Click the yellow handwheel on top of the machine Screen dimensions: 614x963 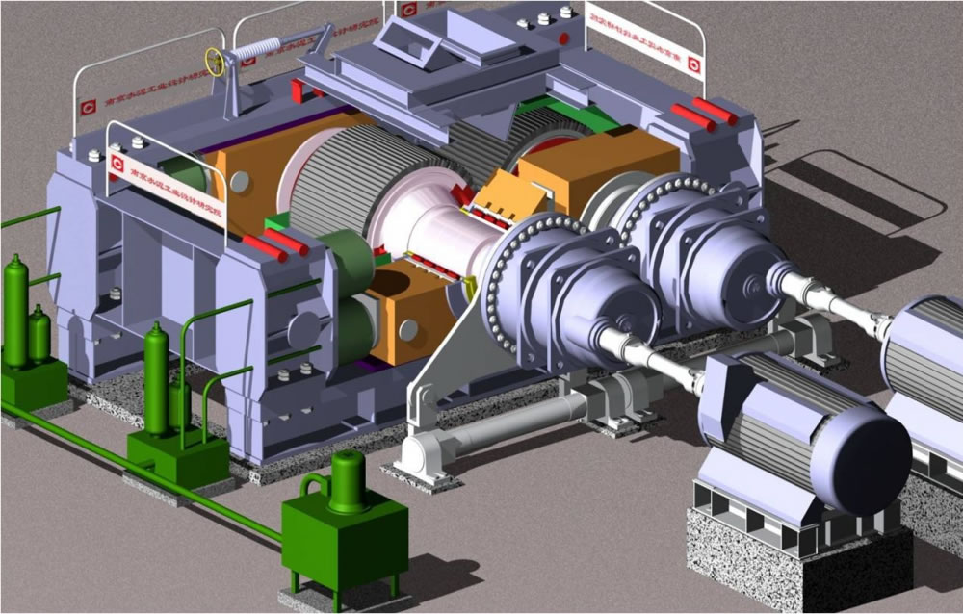[216, 64]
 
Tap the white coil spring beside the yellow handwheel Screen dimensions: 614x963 [256, 47]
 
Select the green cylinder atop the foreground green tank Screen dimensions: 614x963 [347, 481]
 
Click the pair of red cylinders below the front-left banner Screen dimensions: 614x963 [275, 244]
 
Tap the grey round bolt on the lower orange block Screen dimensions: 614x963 [408, 330]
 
